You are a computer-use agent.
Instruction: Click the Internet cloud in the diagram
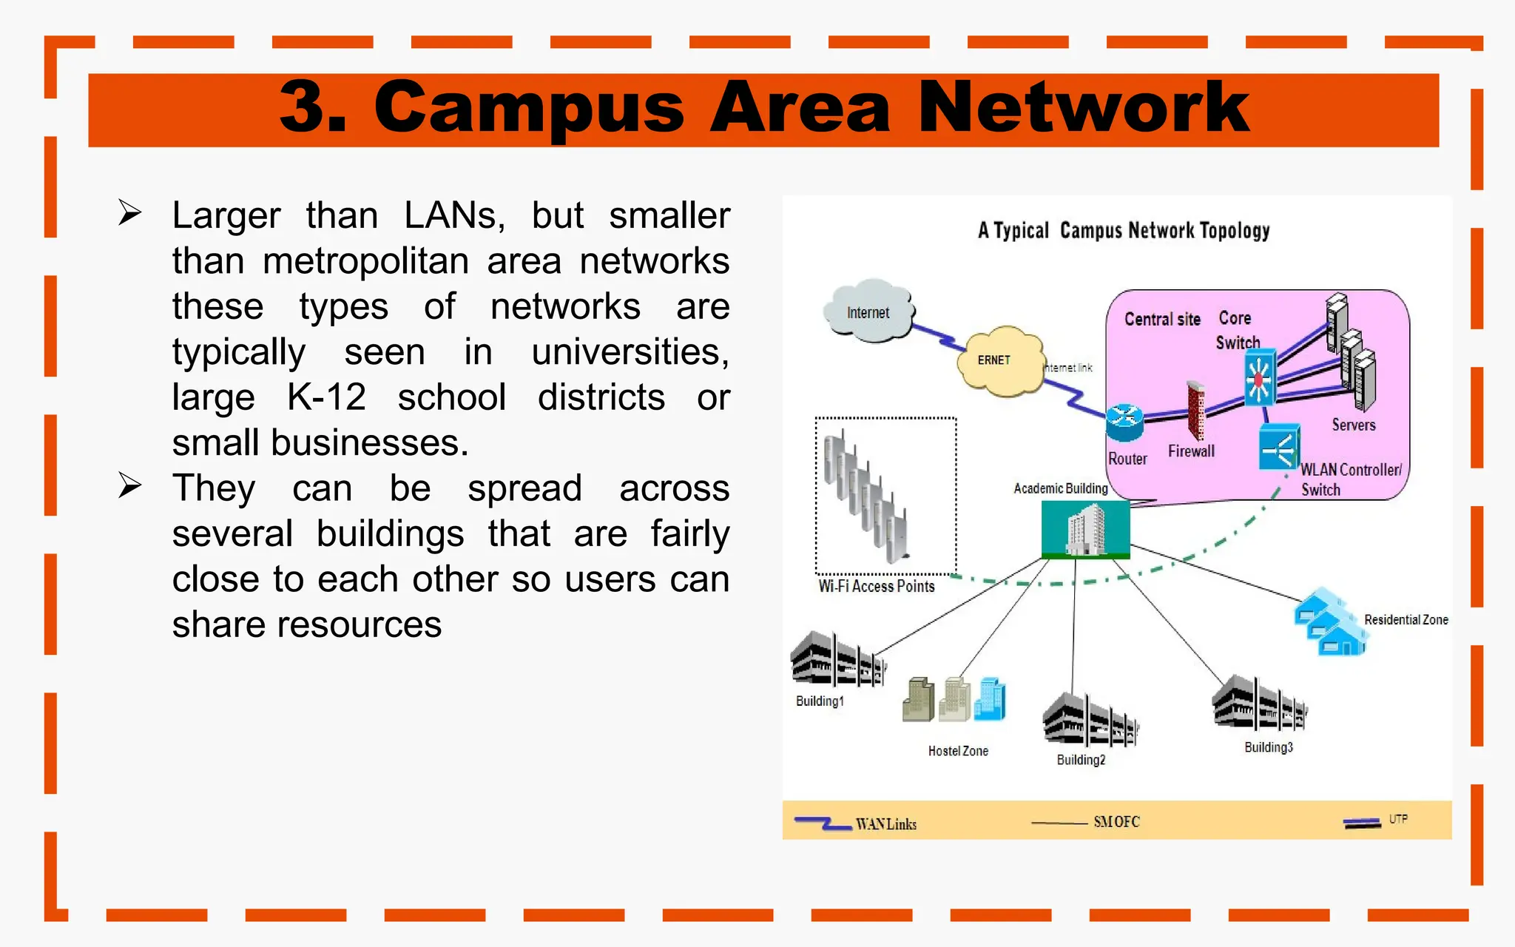click(x=868, y=312)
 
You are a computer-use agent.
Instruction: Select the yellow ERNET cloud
click(x=997, y=361)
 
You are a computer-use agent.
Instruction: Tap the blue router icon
click(x=1124, y=422)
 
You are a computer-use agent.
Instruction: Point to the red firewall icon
click(x=1195, y=411)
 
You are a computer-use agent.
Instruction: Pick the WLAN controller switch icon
click(x=1279, y=447)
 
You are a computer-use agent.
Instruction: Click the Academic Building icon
click(x=1085, y=529)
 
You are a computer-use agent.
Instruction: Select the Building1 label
click(x=819, y=701)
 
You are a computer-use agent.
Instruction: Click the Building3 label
click(x=1268, y=747)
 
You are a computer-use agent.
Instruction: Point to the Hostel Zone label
click(x=958, y=751)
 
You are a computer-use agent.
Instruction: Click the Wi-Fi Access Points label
click(x=877, y=587)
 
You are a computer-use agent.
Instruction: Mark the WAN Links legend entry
click(x=885, y=824)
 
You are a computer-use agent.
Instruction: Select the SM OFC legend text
click(x=1116, y=822)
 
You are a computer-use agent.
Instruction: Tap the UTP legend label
click(x=1397, y=819)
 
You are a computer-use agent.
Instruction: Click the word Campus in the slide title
click(x=529, y=108)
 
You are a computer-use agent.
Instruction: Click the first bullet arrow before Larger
click(x=130, y=214)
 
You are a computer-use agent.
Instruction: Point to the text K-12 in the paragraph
click(x=326, y=397)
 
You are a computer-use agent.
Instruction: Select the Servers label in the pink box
click(x=1353, y=425)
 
